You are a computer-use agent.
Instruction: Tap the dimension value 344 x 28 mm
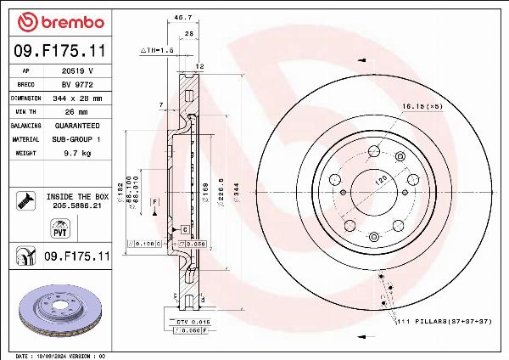pyautogui.click(x=79, y=98)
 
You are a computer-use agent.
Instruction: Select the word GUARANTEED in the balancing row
pyautogui.click(x=79, y=125)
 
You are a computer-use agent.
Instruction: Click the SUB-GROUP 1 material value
pyautogui.click(x=79, y=138)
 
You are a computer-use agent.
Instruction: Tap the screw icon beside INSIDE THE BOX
pyautogui.click(x=24, y=200)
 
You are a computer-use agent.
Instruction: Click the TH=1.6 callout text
pyautogui.click(x=157, y=51)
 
